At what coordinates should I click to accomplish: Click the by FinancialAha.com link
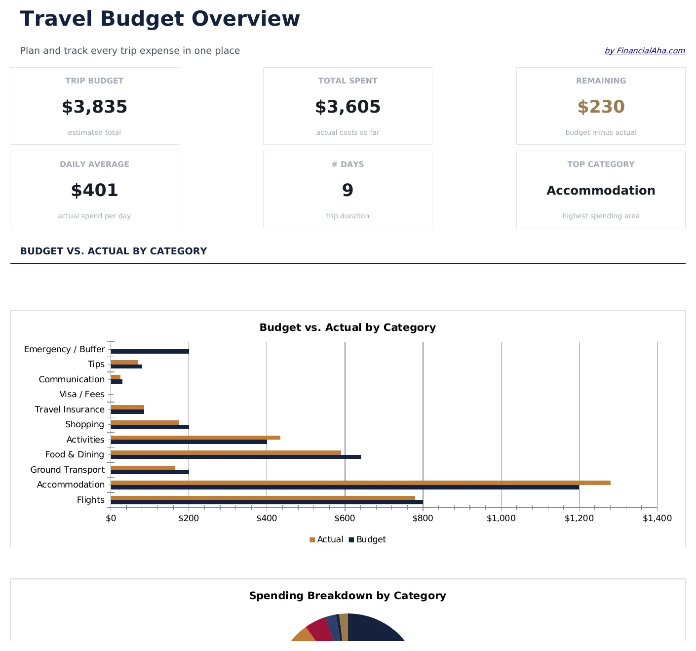coord(644,51)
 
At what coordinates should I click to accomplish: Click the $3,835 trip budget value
coord(94,107)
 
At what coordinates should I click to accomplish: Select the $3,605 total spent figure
coord(348,107)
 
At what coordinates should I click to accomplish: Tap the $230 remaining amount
coord(601,107)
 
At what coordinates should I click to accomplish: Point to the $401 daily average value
coord(94,190)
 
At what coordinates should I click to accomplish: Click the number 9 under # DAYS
coord(348,190)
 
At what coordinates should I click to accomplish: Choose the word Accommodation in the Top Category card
coord(601,191)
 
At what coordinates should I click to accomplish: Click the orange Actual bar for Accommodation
coord(360,483)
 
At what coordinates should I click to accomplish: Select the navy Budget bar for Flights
coord(267,502)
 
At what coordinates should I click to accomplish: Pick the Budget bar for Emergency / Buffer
coord(150,352)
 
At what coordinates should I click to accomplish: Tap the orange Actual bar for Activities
coord(195,438)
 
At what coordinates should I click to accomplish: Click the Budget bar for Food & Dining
coord(235,457)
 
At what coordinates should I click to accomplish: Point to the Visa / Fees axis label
coord(82,394)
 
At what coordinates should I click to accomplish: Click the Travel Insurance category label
coord(70,409)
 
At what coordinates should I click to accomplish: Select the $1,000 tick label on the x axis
coord(501,518)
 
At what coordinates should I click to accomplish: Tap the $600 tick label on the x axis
coord(345,518)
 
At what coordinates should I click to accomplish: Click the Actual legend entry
coord(326,539)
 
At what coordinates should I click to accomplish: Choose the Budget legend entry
coord(368,539)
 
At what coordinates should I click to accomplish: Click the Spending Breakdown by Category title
coord(348,596)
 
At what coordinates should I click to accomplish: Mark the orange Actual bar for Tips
coord(124,362)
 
